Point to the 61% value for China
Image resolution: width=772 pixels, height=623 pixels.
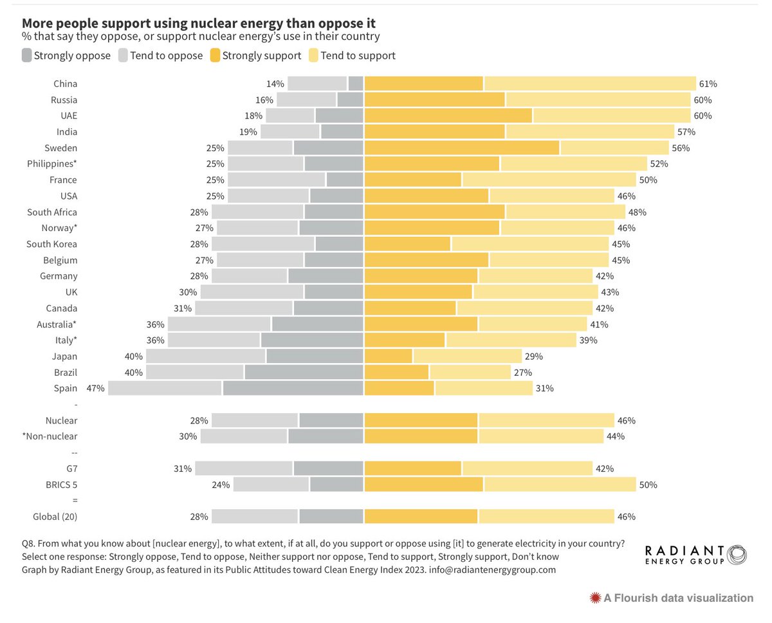click(708, 84)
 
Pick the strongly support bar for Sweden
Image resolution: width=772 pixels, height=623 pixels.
click(461, 148)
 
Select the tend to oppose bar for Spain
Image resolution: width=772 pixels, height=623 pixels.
click(165, 388)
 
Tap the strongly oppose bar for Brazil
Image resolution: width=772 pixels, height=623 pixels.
click(304, 372)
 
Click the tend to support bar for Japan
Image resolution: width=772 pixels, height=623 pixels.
click(467, 356)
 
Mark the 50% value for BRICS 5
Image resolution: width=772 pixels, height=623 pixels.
click(648, 485)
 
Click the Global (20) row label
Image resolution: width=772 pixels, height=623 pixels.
click(55, 516)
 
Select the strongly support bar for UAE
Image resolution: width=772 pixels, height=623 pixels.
click(448, 116)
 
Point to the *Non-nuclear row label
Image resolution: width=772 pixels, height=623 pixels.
click(50, 436)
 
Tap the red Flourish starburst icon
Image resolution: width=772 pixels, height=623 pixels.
click(595, 598)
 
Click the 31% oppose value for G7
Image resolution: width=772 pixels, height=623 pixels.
click(183, 469)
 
